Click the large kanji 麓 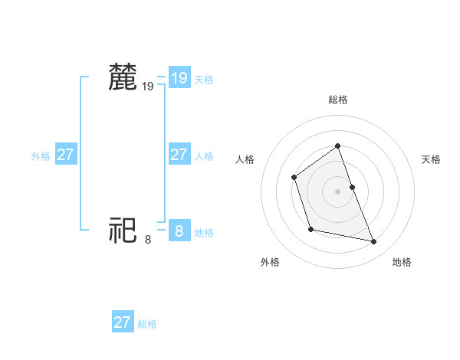[123, 77]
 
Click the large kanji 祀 [123, 230]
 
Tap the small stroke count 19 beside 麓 [148, 87]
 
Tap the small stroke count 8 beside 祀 [148, 240]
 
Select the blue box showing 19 [179, 77]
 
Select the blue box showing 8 [179, 230]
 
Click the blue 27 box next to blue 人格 [179, 155]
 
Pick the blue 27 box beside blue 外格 [65, 155]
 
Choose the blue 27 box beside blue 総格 [123, 322]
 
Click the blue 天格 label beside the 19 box [204, 79]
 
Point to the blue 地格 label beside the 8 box [204, 232]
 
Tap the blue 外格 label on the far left [41, 156]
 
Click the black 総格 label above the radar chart [338, 100]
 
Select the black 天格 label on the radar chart [431, 159]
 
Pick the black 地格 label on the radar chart [402, 262]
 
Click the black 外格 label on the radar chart [270, 262]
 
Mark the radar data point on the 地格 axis [374, 242]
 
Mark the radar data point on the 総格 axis [338, 146]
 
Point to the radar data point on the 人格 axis [294, 178]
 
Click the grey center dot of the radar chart [338, 191]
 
